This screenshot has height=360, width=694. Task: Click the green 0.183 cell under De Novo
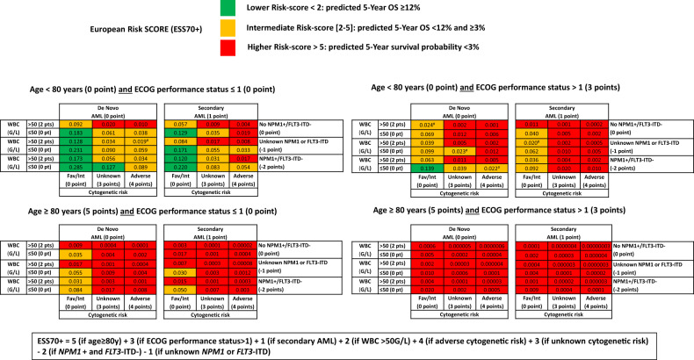click(x=75, y=134)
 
